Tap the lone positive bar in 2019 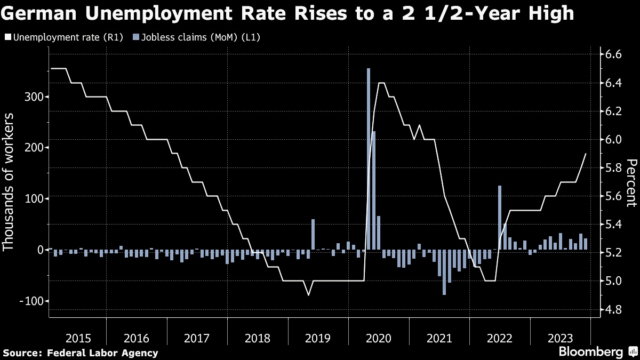pos(313,234)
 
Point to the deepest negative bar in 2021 pos(444,272)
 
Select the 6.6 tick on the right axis pos(610,54)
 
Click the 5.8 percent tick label pos(610,168)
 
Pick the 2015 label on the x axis pos(78,338)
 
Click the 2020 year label pos(380,338)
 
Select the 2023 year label pos(561,338)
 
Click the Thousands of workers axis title pos(9,181)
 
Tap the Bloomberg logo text pos(590,352)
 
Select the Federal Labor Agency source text pos(102,353)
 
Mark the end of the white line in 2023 pos(586,154)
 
